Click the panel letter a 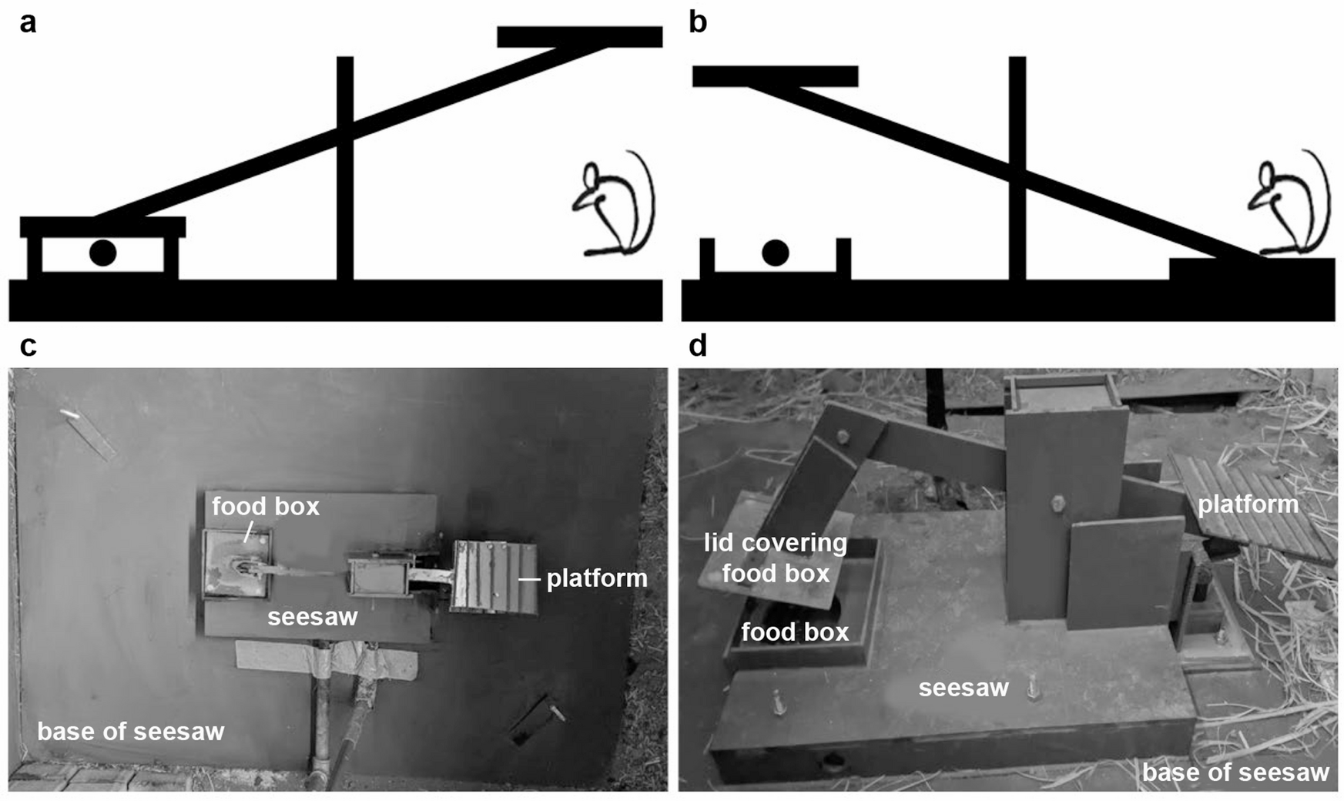click(28, 23)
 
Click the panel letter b click(698, 23)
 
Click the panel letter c click(28, 347)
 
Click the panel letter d click(698, 347)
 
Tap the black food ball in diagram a click(102, 253)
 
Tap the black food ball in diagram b click(775, 253)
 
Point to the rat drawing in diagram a click(612, 208)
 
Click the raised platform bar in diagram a click(579, 36)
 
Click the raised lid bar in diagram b click(775, 76)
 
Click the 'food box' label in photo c click(265, 506)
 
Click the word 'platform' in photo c click(597, 578)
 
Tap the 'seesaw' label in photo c click(313, 616)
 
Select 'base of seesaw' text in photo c click(131, 731)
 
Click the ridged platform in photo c click(494, 578)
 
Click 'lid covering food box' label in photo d click(776, 558)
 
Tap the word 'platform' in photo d click(1248, 504)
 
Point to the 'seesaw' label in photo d click(963, 688)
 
